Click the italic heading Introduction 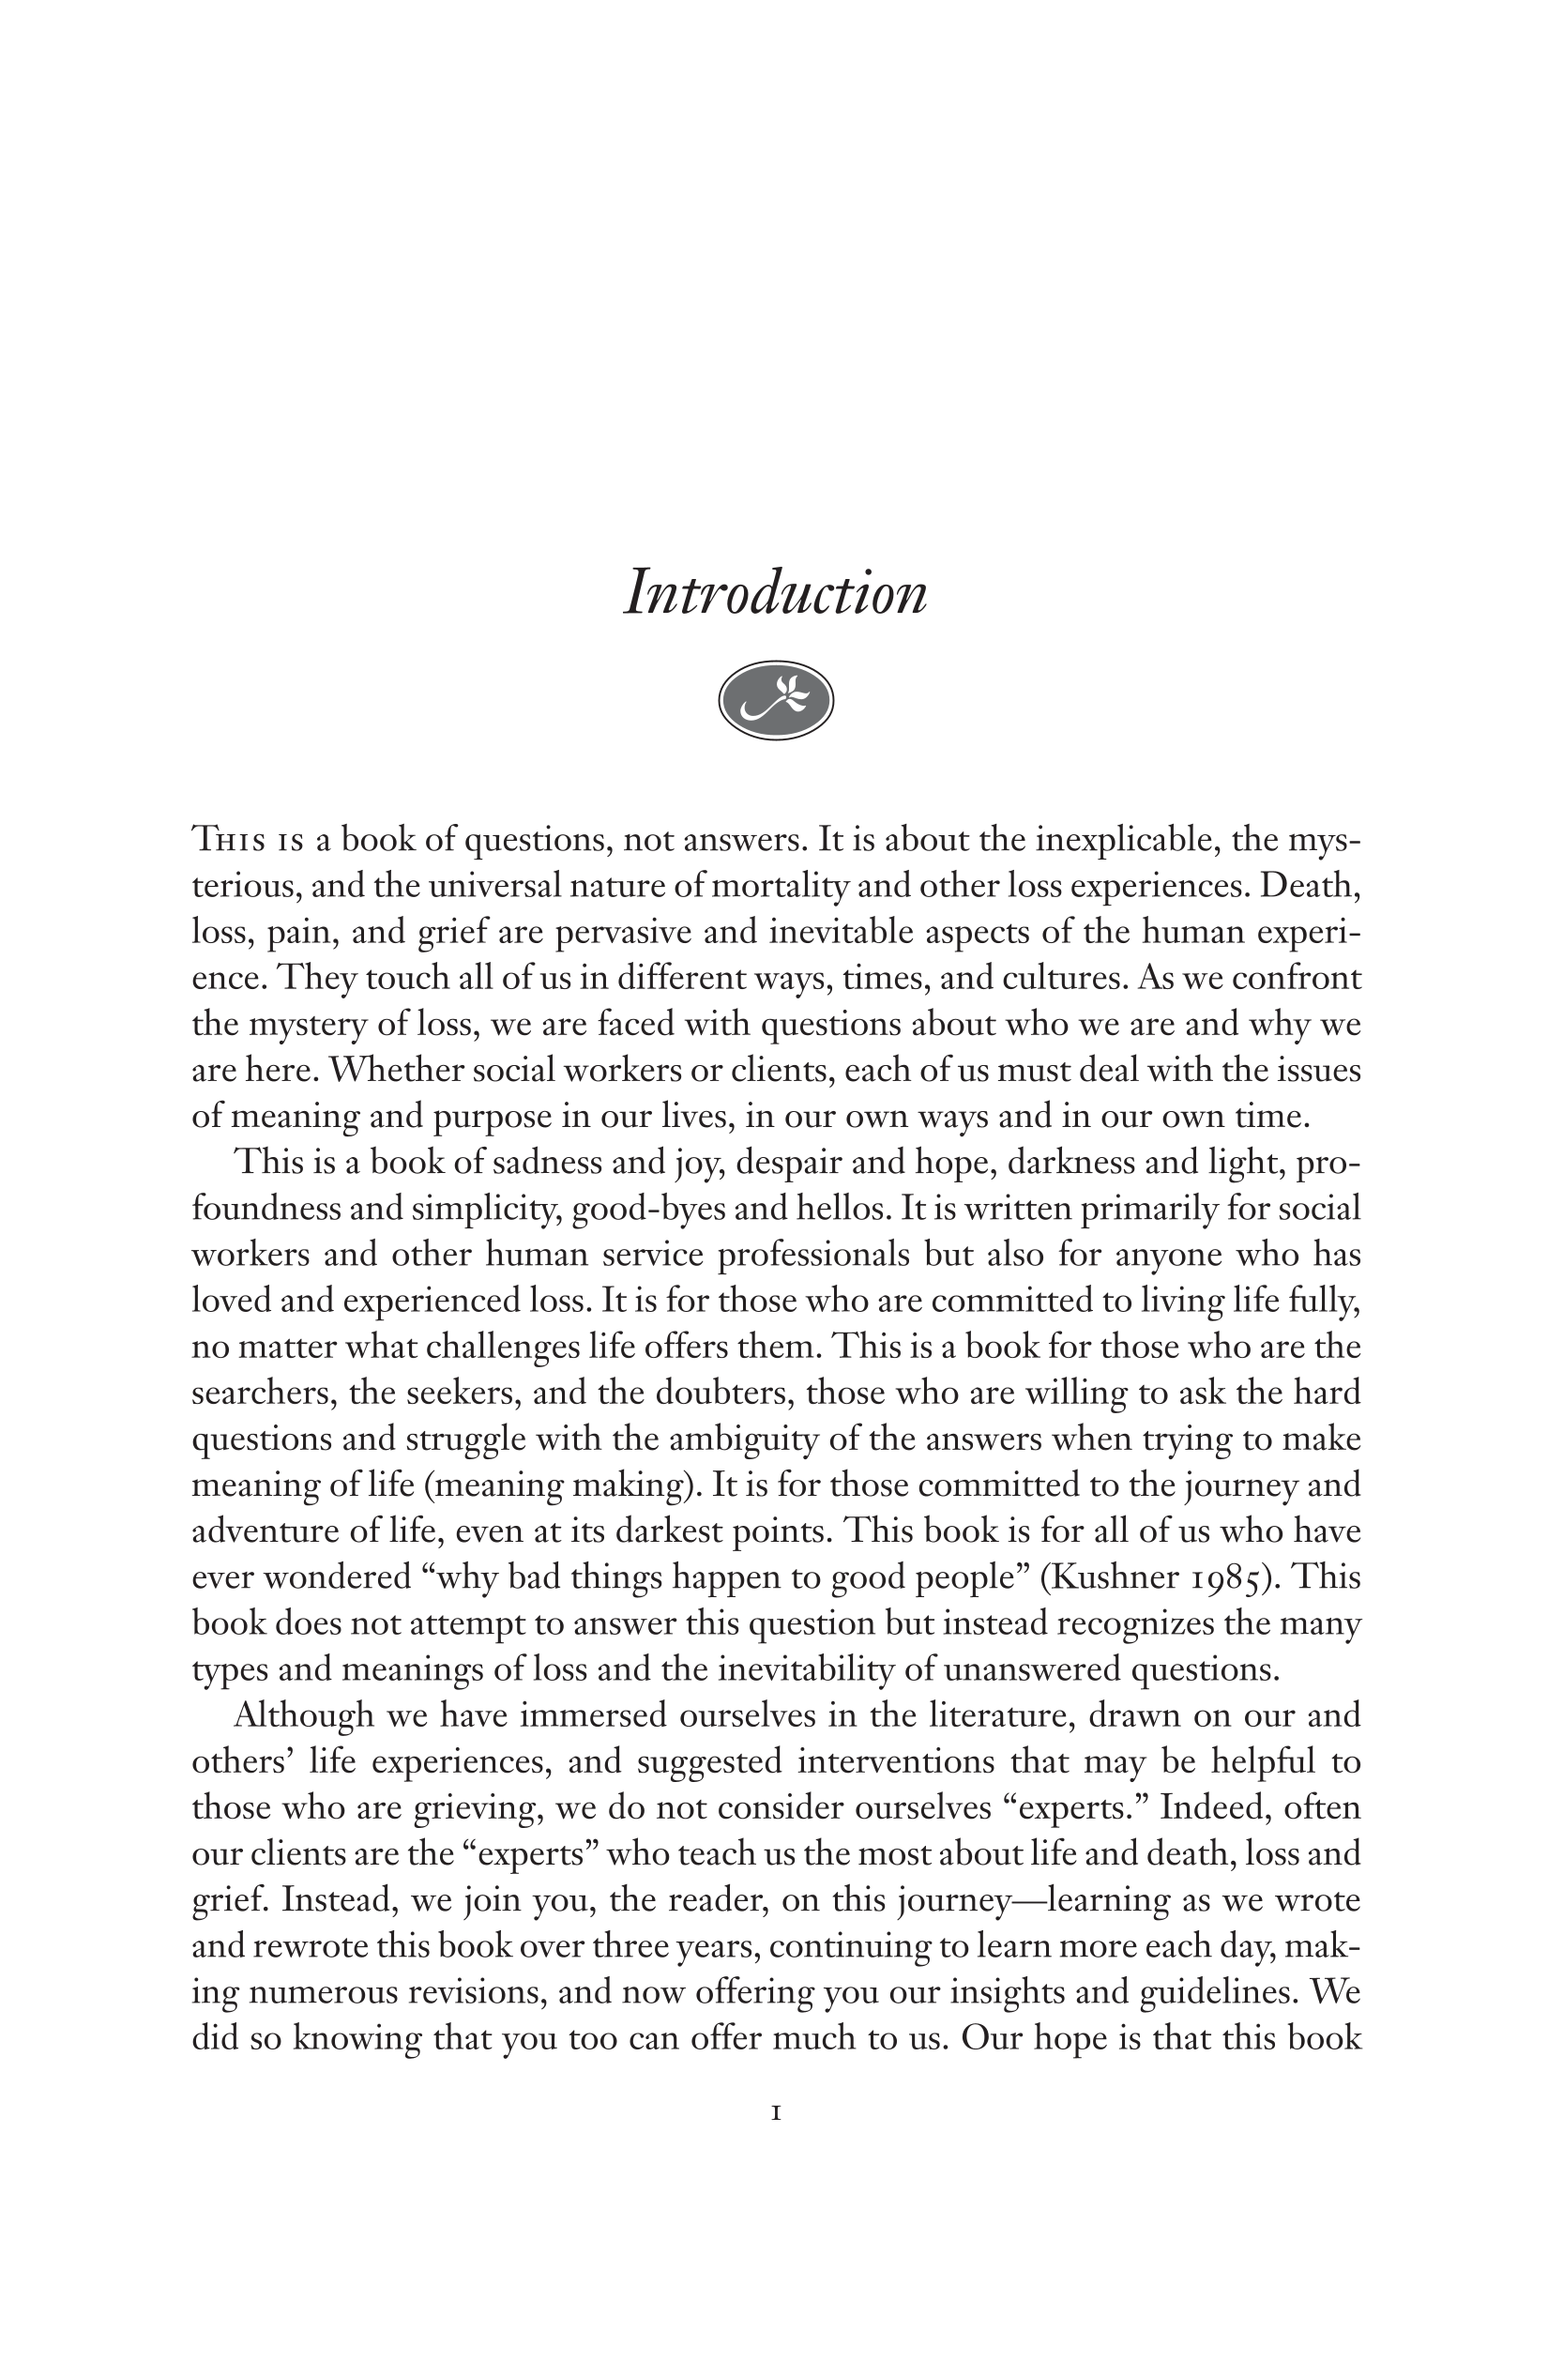click(x=776, y=593)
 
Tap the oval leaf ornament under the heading click(x=776, y=700)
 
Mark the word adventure click(x=258, y=1531)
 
